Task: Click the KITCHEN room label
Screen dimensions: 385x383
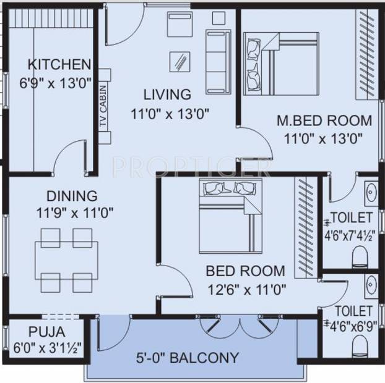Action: [59, 64]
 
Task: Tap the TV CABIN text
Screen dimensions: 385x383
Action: [103, 106]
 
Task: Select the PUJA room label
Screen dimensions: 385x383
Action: [47, 332]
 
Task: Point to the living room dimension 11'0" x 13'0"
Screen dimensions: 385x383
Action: [170, 114]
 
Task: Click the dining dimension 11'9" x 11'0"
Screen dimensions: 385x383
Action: [75, 213]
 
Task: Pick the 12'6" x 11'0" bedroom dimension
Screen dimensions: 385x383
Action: [247, 290]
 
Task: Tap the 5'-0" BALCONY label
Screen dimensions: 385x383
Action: [188, 358]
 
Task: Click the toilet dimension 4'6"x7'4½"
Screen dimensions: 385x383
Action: [350, 237]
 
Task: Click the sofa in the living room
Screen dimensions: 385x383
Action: [218, 62]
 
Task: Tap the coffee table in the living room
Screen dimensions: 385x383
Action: [180, 62]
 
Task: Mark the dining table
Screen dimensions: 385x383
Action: [66, 260]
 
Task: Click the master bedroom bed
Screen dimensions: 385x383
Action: [281, 64]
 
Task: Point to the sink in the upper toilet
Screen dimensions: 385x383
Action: [371, 193]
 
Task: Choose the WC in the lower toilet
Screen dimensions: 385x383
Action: [360, 346]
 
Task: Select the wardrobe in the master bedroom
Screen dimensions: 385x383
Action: [367, 54]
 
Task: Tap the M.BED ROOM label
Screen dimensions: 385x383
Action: [324, 120]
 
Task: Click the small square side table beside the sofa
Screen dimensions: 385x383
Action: [218, 18]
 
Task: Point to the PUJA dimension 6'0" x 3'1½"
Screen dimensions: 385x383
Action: [48, 348]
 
